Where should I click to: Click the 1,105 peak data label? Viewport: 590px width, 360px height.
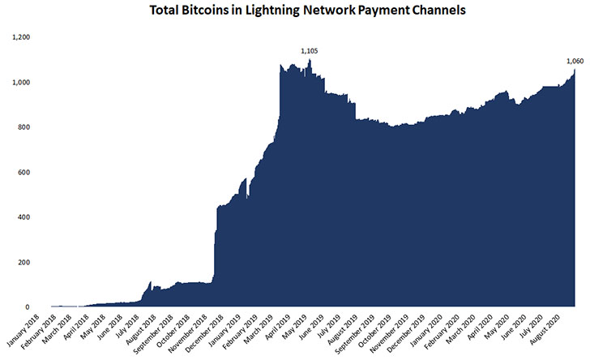(x=310, y=51)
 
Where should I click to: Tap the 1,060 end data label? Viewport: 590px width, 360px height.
(x=575, y=62)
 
